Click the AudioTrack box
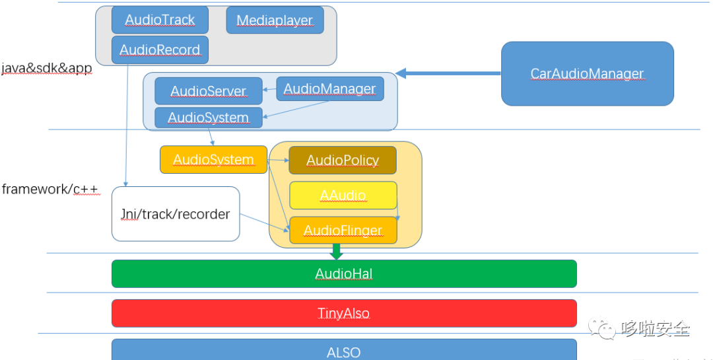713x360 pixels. (160, 20)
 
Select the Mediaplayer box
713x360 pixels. (275, 20)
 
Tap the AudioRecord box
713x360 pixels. (160, 50)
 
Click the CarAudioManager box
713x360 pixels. (587, 74)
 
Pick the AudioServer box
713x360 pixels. (208, 91)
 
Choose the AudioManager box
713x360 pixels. (329, 89)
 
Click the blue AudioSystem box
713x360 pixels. (208, 118)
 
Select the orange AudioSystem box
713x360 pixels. (213, 160)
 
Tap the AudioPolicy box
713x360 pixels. (343, 161)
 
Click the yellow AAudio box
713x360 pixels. (343, 196)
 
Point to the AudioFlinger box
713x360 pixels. (343, 231)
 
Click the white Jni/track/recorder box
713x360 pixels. (175, 214)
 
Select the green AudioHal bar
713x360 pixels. (343, 274)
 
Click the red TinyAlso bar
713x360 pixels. (343, 313)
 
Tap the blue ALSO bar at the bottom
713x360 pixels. (343, 351)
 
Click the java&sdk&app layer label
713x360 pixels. (46, 69)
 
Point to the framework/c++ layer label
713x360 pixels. (50, 190)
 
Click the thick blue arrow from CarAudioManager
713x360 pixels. (449, 73)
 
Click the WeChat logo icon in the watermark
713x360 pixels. (603, 327)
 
